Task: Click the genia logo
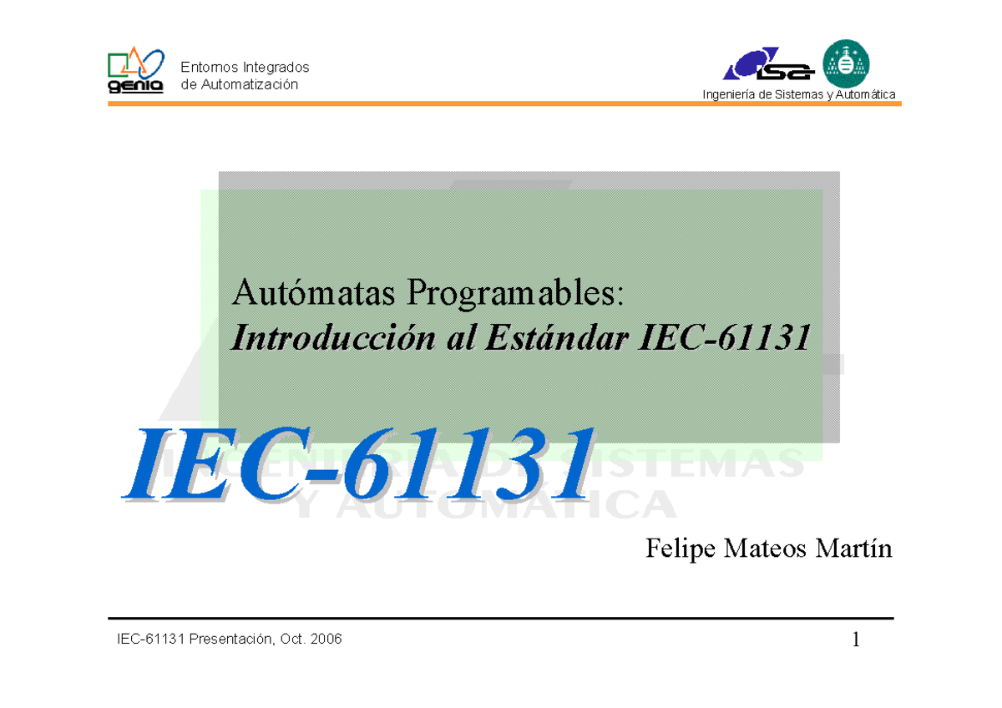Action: [135, 72]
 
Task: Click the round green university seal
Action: [846, 63]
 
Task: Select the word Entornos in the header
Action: [208, 67]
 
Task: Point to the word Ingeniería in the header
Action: [730, 94]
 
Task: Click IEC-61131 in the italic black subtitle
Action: [724, 338]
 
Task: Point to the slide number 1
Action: [856, 640]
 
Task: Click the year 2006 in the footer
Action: [325, 640]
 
